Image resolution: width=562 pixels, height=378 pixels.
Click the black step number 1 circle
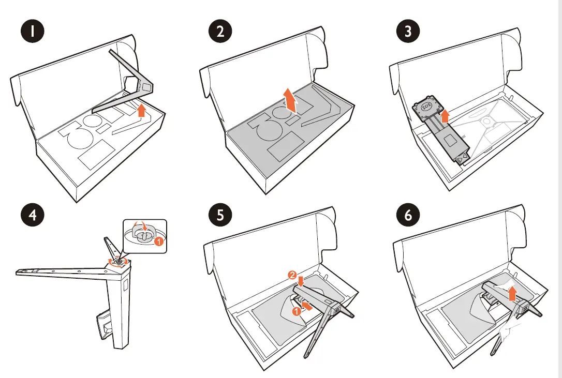point(33,32)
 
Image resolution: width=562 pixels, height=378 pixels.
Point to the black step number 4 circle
point(33,215)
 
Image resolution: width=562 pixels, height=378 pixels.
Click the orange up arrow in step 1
point(142,111)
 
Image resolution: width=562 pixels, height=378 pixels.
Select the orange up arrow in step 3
point(443,116)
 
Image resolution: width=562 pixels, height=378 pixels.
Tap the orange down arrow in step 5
point(301,280)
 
